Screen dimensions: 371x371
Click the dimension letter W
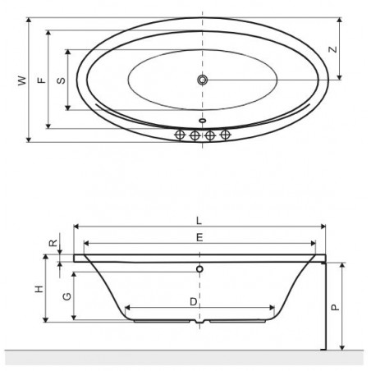22,80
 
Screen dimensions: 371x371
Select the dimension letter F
42,80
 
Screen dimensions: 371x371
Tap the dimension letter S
61,80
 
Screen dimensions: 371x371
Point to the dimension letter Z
333,49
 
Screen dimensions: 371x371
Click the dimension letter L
199,221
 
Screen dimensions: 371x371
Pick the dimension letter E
199,237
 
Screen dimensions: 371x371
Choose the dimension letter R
53,243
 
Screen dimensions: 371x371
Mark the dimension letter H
39,289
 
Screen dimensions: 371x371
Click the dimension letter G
67,296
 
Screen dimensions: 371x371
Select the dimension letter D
194,302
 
